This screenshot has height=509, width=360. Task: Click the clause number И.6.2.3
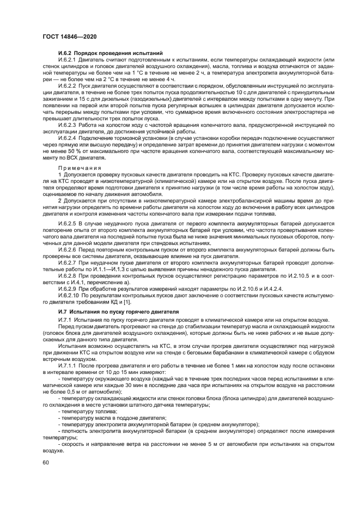coord(68,125)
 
